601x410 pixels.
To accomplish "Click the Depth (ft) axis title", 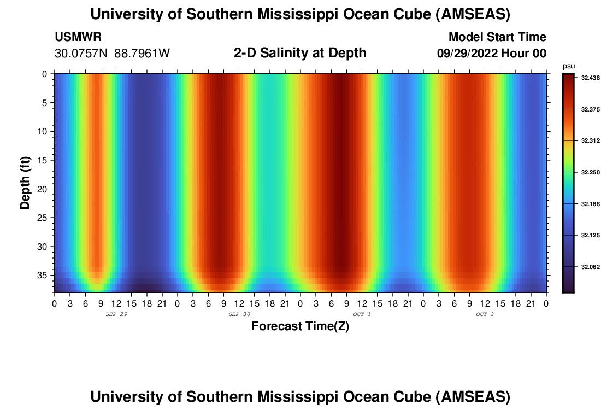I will tap(25, 183).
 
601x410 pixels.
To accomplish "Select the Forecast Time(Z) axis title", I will tap(300, 326).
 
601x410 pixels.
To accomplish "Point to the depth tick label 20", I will tap(45, 189).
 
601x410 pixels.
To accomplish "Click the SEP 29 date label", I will tap(116, 314).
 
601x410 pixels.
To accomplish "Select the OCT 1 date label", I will tap(362, 314).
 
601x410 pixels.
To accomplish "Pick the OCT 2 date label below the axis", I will tap(485, 314).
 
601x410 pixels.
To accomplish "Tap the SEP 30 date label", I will tap(239, 314).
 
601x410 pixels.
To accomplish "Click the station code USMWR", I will tap(78, 37).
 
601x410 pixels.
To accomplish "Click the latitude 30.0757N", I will tap(81, 54).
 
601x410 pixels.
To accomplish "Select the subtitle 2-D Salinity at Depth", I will tap(300, 53).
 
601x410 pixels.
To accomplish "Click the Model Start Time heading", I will tap(497, 37).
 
